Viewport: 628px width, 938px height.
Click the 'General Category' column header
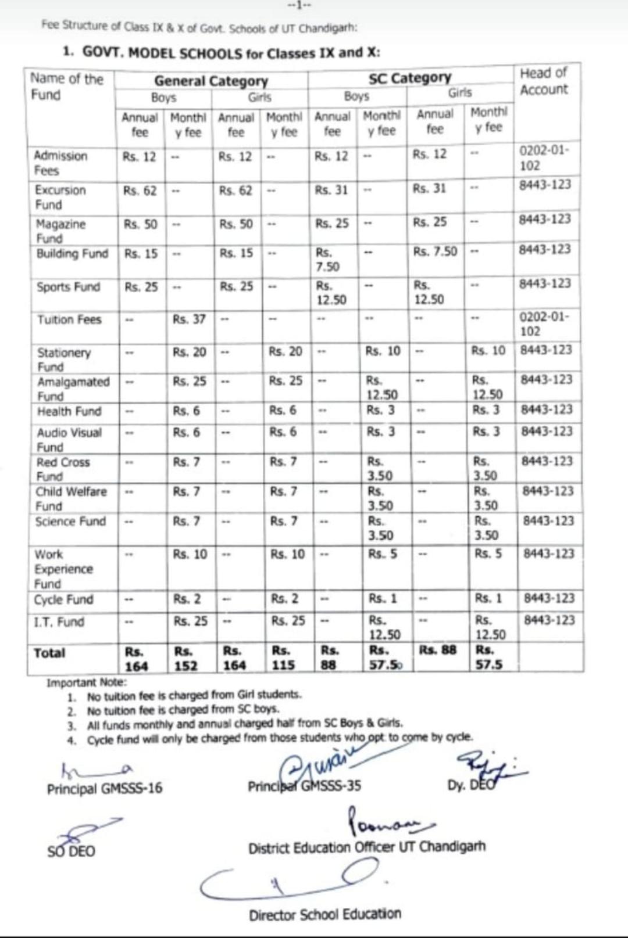[211, 81]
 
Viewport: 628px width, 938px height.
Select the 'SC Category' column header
[409, 77]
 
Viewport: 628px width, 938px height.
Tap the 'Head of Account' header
[544, 81]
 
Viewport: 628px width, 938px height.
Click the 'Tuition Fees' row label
[69, 319]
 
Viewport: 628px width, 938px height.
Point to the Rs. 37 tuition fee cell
[189, 319]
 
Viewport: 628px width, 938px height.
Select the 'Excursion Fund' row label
[60, 197]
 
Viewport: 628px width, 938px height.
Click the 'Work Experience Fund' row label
[63, 569]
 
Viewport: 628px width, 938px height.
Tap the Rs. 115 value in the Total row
[283, 658]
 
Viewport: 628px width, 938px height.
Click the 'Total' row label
[49, 653]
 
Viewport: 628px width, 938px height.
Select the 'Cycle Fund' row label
[63, 599]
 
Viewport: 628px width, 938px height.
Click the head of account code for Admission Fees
[544, 157]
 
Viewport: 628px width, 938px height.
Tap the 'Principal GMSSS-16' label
[105, 788]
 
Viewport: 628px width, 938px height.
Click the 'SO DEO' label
[71, 851]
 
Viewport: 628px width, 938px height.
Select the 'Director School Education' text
[325, 914]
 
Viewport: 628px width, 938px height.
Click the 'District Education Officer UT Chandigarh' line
[366, 847]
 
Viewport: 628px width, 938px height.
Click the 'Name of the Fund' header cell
[66, 87]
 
